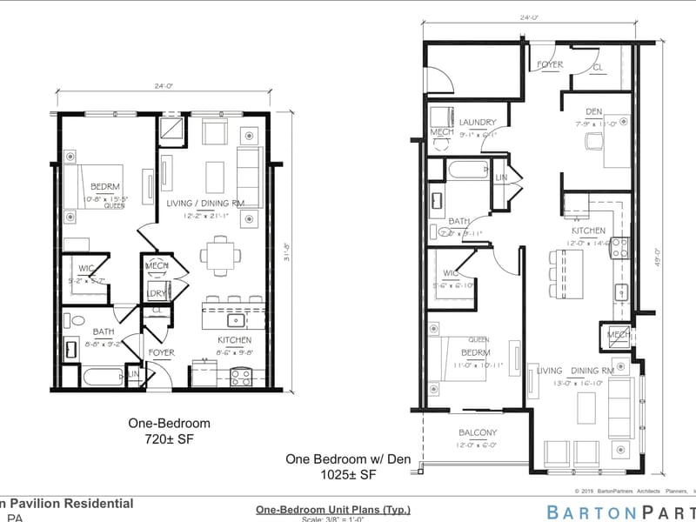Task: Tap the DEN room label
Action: (594, 111)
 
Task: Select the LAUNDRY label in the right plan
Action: (478, 123)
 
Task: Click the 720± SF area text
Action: (169, 439)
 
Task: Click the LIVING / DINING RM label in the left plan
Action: (205, 204)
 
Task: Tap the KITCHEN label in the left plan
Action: (234, 340)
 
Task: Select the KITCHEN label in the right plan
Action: (589, 231)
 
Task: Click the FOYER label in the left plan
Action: (161, 353)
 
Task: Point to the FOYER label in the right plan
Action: (550, 64)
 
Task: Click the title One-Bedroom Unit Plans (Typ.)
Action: (332, 510)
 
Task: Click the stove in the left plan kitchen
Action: (241, 376)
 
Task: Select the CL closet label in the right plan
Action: (598, 66)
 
